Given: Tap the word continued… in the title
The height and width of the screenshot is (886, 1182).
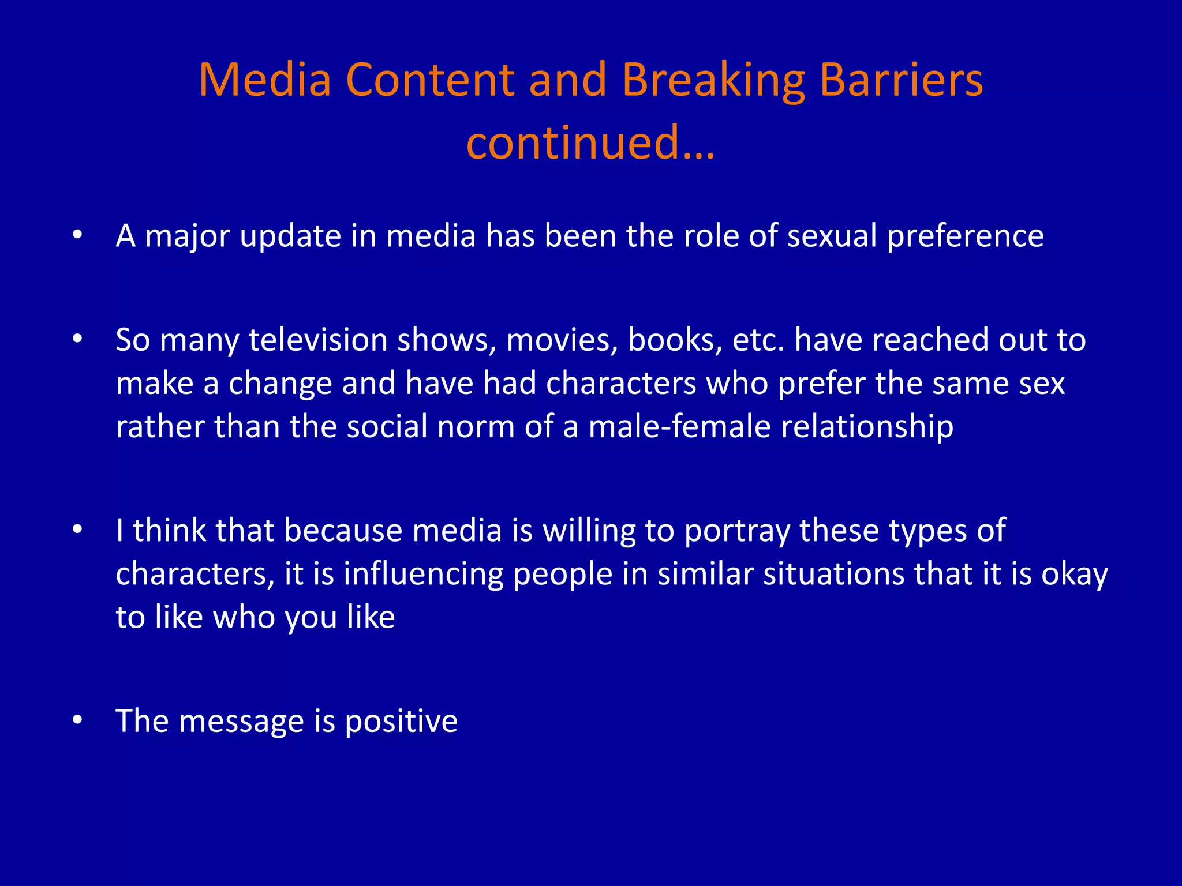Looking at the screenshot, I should [x=590, y=142].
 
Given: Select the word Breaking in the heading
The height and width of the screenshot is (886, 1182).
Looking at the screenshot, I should [x=713, y=81].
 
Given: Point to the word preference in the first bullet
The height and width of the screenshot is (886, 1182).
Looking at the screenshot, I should [x=965, y=236].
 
